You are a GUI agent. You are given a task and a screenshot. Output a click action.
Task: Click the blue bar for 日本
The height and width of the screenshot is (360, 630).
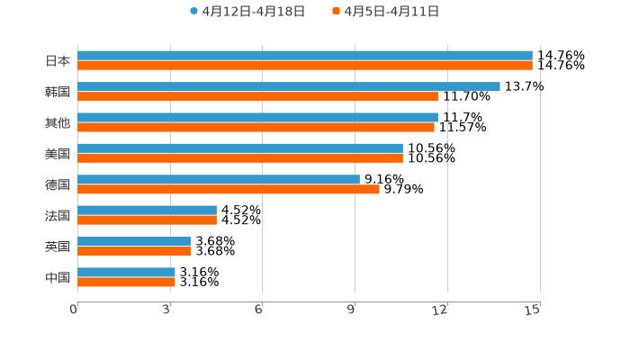(x=304, y=56)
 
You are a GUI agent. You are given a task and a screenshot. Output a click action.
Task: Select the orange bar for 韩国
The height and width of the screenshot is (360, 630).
(x=257, y=96)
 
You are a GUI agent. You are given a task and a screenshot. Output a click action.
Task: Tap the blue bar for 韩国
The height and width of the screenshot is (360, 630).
(x=288, y=86)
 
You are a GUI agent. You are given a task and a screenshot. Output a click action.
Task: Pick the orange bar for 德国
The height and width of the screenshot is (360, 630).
(x=229, y=189)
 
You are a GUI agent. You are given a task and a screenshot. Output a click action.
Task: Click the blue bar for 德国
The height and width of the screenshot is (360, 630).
(x=219, y=179)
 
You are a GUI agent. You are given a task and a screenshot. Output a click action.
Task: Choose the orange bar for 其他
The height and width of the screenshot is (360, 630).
(x=256, y=127)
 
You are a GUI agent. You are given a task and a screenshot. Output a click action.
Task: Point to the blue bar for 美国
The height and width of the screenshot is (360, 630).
(x=240, y=148)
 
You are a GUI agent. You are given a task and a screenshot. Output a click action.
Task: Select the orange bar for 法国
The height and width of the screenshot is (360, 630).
(x=147, y=220)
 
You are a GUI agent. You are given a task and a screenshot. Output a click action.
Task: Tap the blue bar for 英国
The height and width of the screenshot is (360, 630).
(x=134, y=241)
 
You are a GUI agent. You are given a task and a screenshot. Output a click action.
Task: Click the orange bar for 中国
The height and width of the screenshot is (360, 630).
(x=126, y=282)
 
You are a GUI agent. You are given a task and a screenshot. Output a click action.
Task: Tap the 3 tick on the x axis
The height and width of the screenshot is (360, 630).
(x=167, y=310)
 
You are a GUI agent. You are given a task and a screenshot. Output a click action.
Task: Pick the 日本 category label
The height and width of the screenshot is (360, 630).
(x=58, y=61)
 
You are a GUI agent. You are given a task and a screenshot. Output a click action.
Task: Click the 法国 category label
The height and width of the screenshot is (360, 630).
(x=58, y=215)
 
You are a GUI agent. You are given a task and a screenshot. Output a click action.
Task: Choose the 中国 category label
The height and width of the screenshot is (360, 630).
(x=58, y=277)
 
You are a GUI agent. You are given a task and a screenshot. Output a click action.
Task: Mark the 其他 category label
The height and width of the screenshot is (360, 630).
(x=58, y=122)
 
